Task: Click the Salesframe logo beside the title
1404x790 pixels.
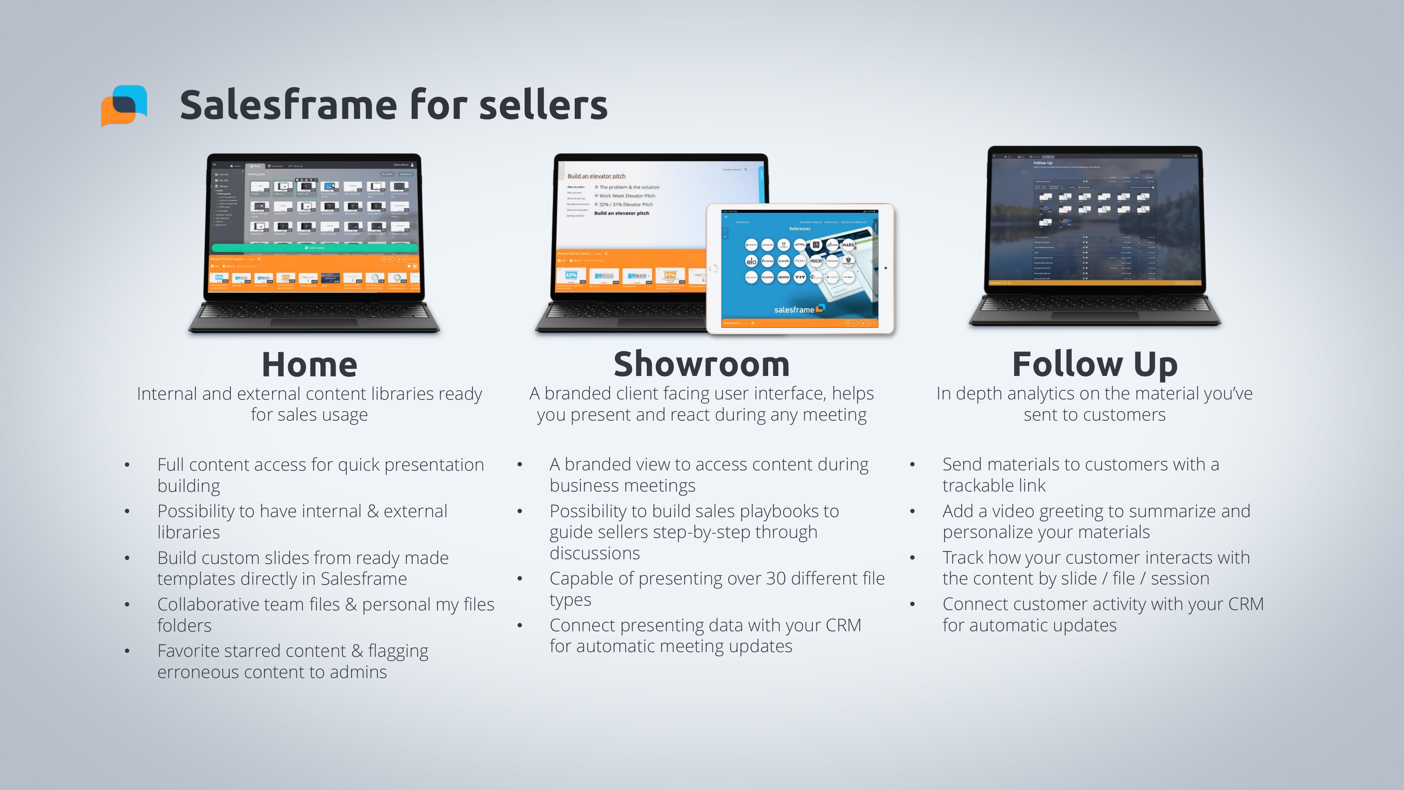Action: [124, 105]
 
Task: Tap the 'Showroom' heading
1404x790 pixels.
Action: [702, 365]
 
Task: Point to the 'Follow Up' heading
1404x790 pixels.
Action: [1094, 365]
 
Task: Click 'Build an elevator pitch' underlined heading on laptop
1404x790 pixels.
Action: [596, 176]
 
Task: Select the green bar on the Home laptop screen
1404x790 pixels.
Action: [315, 248]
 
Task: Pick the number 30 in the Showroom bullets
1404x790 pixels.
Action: [777, 579]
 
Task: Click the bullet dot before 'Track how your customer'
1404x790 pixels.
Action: [912, 558]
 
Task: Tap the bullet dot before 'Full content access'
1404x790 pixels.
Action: [127, 465]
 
